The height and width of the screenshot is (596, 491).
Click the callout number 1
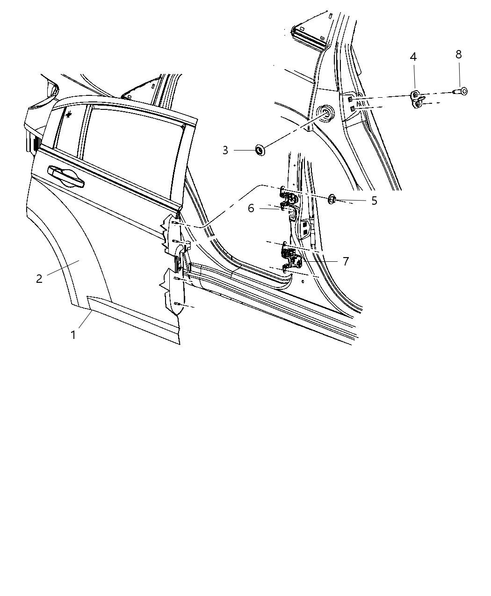73,335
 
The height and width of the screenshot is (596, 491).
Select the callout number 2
39,279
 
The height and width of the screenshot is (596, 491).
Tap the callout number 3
225,151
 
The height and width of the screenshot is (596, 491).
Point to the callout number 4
413,57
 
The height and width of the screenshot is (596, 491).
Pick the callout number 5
374,201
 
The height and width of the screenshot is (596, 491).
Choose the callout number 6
251,208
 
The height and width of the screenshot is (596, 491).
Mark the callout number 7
346,261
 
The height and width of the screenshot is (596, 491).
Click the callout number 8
459,54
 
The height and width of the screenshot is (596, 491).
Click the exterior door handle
65,177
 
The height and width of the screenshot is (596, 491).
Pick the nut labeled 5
332,200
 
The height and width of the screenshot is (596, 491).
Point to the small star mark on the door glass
68,114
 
